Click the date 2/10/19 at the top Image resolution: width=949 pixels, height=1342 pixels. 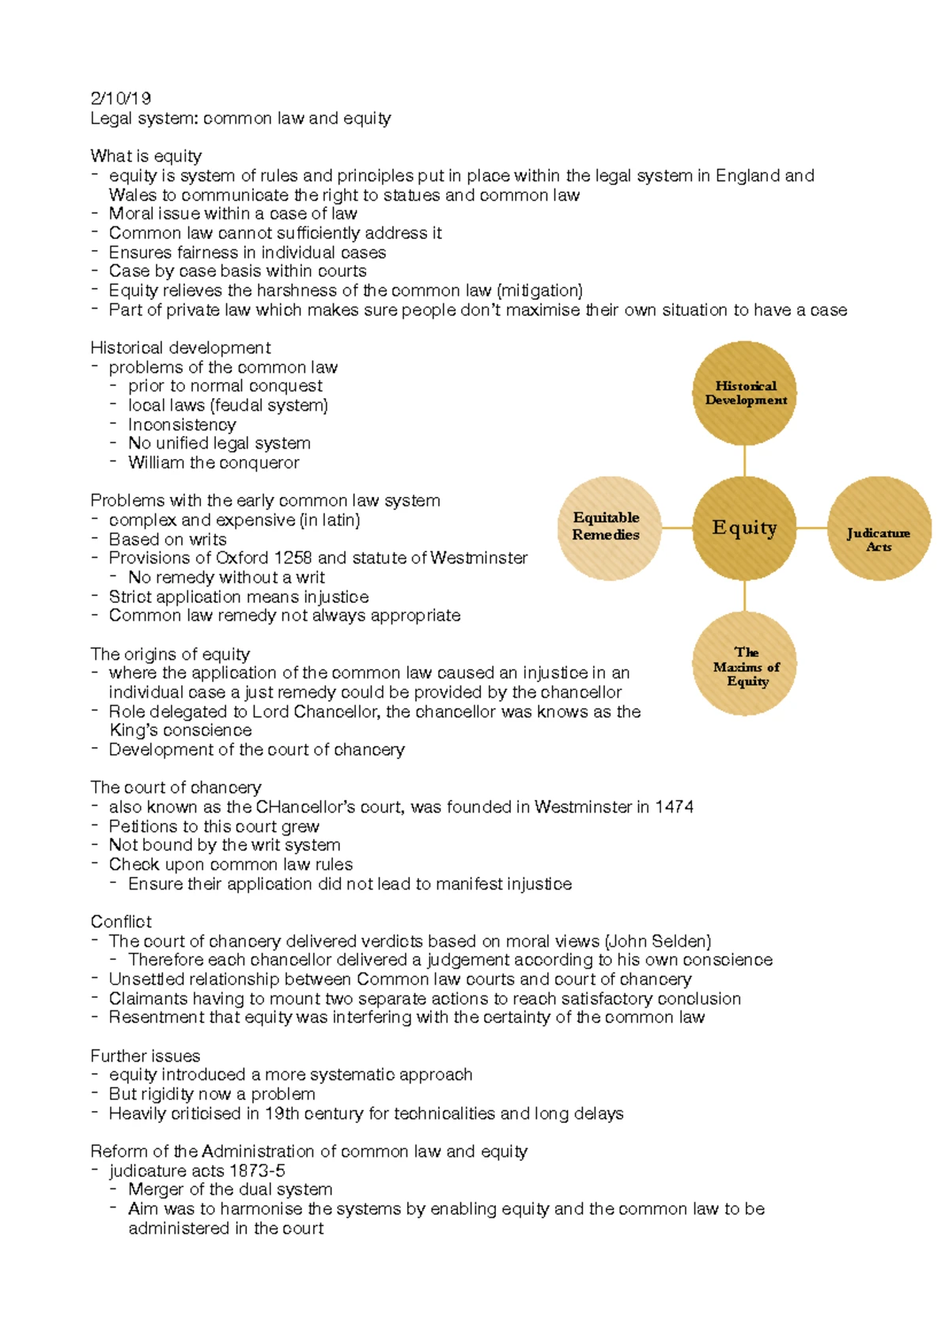point(120,98)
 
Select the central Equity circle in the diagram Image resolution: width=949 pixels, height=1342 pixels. point(744,528)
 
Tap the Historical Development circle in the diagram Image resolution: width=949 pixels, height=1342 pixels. point(745,393)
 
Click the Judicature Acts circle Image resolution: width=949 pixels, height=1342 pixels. point(879,529)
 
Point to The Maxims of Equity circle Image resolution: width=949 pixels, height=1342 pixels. point(745,665)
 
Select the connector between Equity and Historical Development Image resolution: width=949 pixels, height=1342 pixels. point(744,461)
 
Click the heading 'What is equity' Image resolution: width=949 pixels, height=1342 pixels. point(146,156)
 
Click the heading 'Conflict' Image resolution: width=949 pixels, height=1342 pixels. point(120,922)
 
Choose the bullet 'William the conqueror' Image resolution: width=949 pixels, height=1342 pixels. point(214,463)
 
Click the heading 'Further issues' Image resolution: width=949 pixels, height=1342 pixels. point(145,1056)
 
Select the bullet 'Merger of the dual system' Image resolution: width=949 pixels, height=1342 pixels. point(230,1189)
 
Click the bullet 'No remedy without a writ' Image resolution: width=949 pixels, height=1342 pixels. point(226,578)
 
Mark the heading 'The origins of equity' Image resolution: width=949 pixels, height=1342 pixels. point(169,654)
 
